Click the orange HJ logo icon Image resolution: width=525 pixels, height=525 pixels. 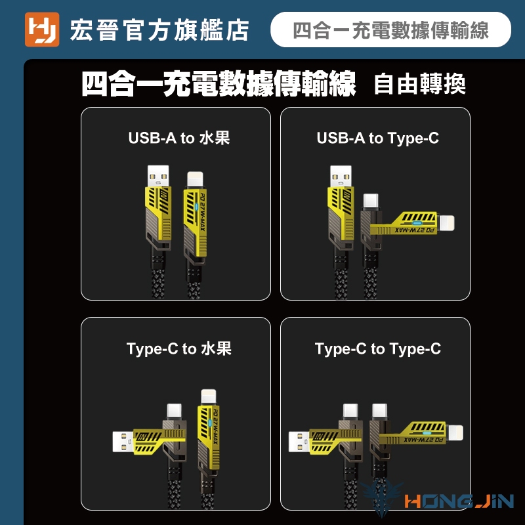pyautogui.click(x=42, y=30)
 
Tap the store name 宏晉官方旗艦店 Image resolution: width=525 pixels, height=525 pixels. pyautogui.click(x=159, y=30)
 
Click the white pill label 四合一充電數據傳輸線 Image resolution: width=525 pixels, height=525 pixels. pyautogui.click(x=390, y=30)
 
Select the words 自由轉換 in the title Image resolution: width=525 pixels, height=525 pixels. pyautogui.click(x=419, y=84)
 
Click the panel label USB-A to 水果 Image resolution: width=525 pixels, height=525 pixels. pyautogui.click(x=179, y=138)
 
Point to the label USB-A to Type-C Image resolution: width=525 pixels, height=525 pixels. pyautogui.click(x=378, y=138)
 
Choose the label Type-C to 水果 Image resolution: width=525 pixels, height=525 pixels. pyautogui.click(x=179, y=348)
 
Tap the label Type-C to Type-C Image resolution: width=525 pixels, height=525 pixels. pyautogui.click(x=378, y=349)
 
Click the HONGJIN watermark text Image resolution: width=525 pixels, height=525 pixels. pyautogui.click(x=459, y=501)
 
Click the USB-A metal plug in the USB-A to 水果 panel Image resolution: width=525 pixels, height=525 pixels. pyautogui.click(x=158, y=176)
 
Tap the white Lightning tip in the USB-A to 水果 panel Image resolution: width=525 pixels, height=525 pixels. pyautogui.click(x=195, y=180)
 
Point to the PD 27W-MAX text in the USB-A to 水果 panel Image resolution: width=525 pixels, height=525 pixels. pyautogui.click(x=202, y=212)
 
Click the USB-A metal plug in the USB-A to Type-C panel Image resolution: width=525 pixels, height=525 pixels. pyautogui.click(x=341, y=176)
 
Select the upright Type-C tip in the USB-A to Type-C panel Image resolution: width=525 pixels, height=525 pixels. pyautogui.click(x=371, y=201)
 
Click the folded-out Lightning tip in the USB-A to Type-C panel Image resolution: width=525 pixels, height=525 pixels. pyautogui.click(x=446, y=223)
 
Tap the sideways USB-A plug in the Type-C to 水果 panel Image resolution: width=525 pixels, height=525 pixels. pyautogui.click(x=123, y=441)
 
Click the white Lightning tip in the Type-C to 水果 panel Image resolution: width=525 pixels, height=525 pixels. pyautogui.click(x=209, y=397)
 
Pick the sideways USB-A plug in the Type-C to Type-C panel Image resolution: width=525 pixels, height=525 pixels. pyautogui.click(x=299, y=441)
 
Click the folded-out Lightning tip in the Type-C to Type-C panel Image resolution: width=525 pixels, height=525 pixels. pyautogui.click(x=455, y=433)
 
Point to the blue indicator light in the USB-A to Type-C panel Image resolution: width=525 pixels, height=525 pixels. pyautogui.click(x=417, y=223)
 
